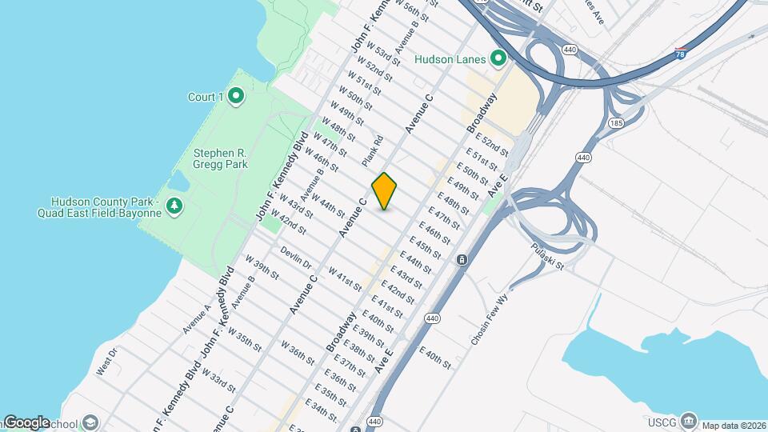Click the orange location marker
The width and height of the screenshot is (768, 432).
pos(385,191)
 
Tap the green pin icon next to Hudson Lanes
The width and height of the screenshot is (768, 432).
pos(498,58)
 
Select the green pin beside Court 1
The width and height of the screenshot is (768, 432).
pos(235,97)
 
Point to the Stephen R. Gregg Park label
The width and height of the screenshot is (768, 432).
pos(220,158)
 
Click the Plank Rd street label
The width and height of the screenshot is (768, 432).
pos(373,151)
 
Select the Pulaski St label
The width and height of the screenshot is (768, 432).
pos(548,257)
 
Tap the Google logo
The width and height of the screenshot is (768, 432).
pos(26,422)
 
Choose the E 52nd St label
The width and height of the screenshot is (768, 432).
pos(490,147)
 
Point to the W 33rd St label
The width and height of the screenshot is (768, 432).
pos(218,379)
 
